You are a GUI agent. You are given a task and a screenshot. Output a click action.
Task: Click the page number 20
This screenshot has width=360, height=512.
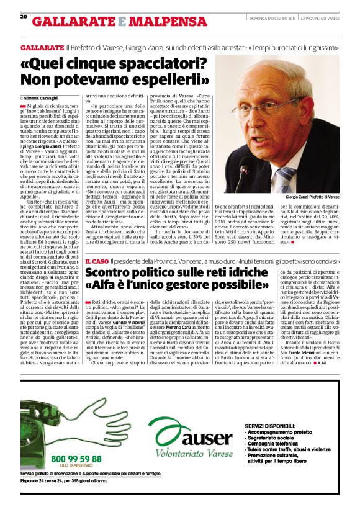pos(23,17)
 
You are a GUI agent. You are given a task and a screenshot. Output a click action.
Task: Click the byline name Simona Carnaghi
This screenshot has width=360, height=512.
pos(41,99)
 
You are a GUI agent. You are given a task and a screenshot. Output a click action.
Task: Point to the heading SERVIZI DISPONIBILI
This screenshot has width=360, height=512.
pos(273,410)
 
